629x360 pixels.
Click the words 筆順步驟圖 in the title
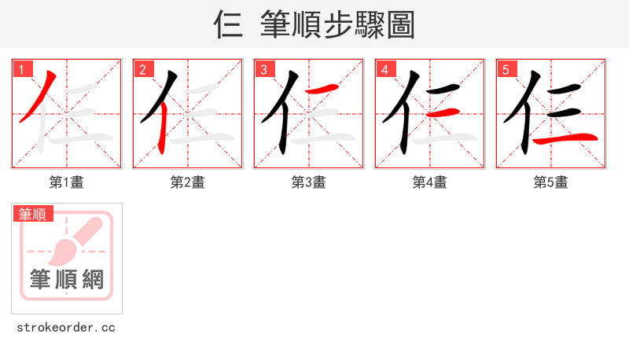coord(338,25)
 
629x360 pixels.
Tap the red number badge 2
coord(143,69)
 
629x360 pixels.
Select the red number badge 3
coord(264,69)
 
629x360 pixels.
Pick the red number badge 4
coord(385,69)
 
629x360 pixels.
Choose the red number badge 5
coord(506,69)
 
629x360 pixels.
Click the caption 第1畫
coord(67,182)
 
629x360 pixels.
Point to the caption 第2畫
coord(188,182)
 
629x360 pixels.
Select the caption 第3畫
coord(309,182)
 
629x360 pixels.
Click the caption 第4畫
coord(430,182)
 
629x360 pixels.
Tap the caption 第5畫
coord(551,182)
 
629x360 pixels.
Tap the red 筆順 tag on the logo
coord(32,214)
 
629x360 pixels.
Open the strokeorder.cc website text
coord(67,327)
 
